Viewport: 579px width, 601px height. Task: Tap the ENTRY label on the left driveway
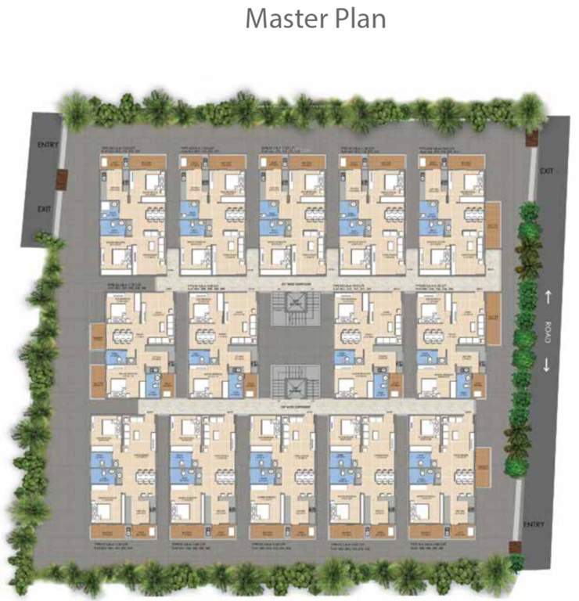point(49,146)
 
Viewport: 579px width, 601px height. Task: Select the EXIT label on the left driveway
point(45,209)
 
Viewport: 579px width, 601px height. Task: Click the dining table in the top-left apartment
point(151,213)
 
